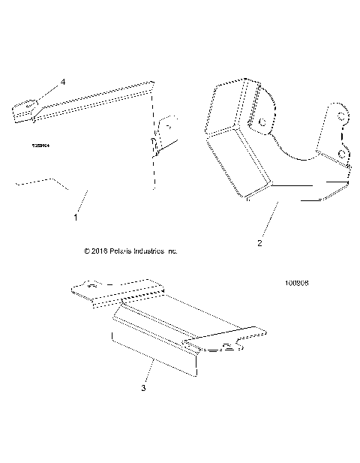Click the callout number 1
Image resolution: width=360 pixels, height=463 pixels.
coord(76,217)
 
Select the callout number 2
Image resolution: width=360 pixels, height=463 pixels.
coord(259,243)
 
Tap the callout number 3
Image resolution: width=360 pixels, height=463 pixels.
coord(143,388)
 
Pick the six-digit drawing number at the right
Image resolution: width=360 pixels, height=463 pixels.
coord(298,284)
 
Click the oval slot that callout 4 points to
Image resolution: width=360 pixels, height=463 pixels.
coord(31,105)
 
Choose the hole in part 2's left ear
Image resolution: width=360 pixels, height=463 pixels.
coord(262,122)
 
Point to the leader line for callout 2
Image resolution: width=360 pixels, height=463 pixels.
coord(269,221)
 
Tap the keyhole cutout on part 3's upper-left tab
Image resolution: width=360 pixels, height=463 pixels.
coord(90,285)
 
